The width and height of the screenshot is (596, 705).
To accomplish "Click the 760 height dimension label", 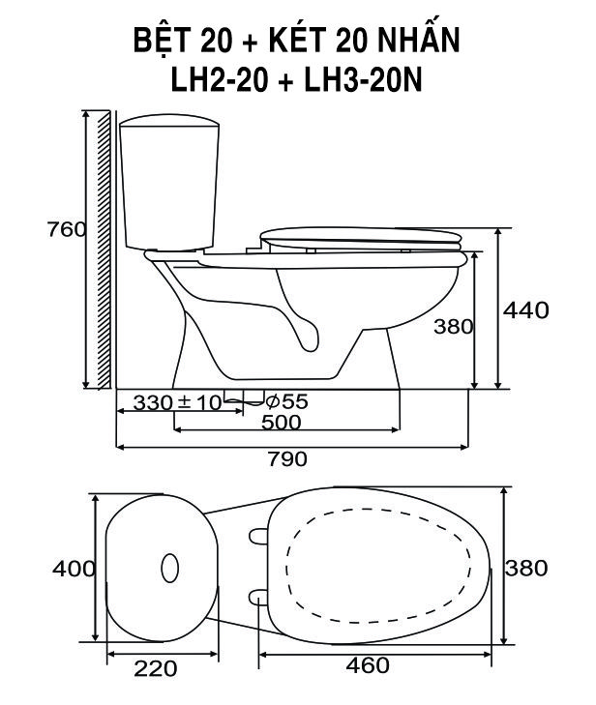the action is (67, 230).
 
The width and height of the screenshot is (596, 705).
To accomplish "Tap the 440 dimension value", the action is (525, 310).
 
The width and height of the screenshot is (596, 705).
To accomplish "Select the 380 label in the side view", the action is (454, 327).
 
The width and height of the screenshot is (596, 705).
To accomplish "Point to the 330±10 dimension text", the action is (177, 403).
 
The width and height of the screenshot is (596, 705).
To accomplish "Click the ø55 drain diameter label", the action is (286, 401).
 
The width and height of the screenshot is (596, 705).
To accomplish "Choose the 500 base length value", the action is (282, 423).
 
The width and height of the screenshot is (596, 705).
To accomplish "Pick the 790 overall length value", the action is (288, 459).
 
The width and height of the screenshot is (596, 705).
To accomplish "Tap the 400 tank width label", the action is (74, 569).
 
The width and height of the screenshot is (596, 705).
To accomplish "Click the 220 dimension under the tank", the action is (156, 669).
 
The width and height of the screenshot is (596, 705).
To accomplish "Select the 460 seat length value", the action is (368, 665).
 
